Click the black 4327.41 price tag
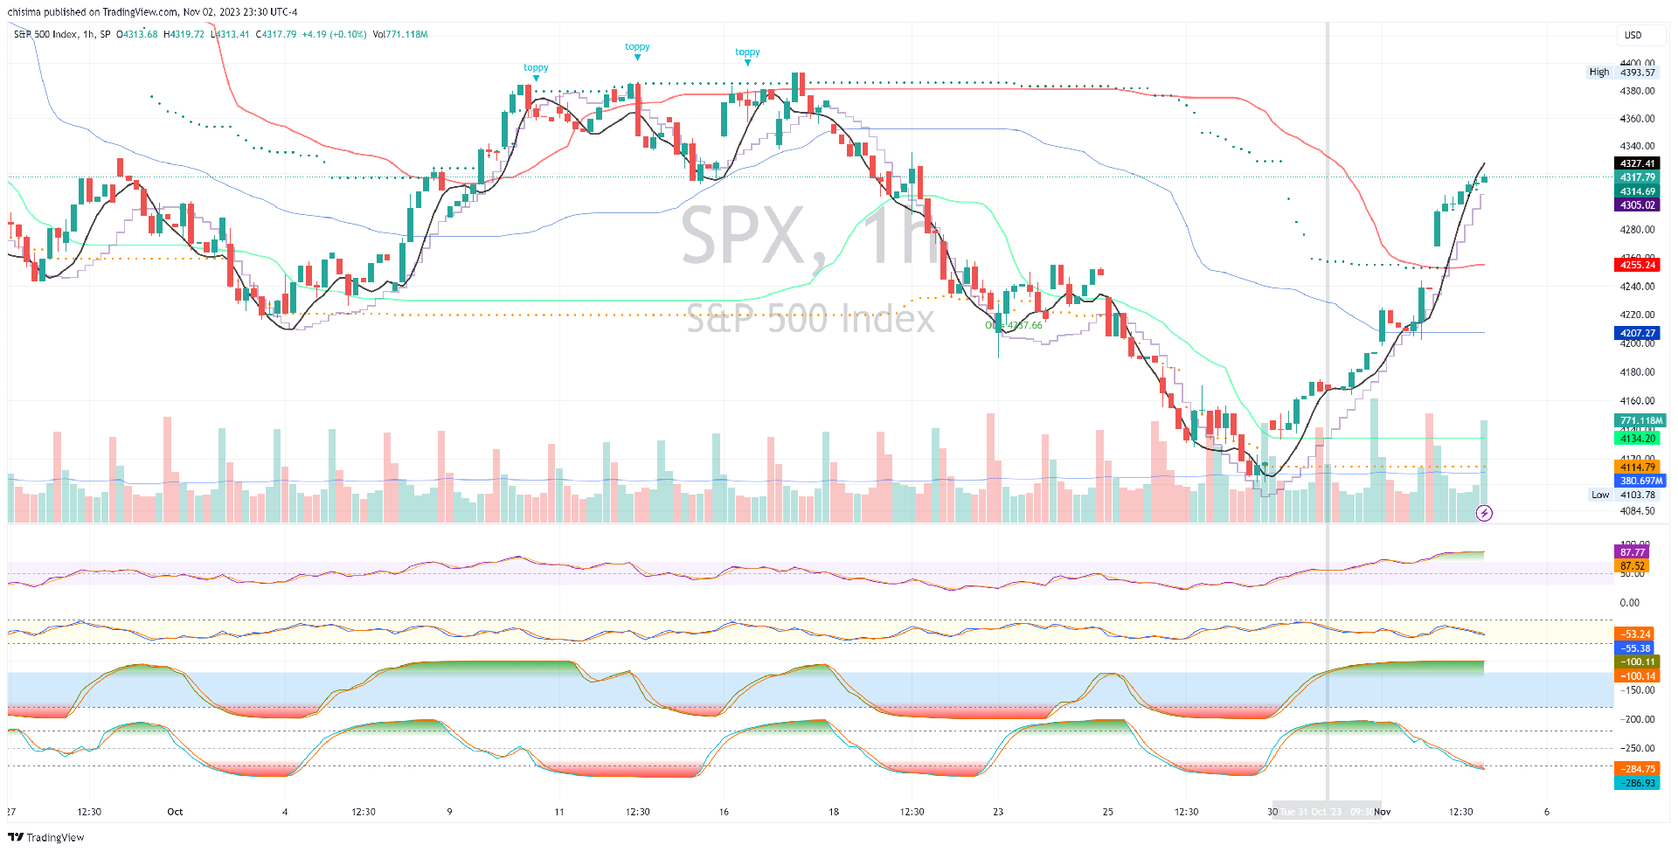(1636, 163)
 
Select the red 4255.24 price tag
(1636, 265)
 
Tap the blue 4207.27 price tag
(1636, 333)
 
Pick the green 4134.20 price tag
(1636, 439)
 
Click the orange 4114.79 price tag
(1636, 468)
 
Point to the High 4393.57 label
(1622, 73)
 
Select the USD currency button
(1633, 35)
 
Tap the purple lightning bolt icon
(1484, 513)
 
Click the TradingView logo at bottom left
(46, 837)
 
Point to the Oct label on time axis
(175, 812)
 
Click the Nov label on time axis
(1382, 812)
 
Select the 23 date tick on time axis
(998, 812)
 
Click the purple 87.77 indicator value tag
(1632, 552)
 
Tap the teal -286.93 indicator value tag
(1636, 783)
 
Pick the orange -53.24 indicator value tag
(1636, 634)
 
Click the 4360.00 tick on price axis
(1637, 119)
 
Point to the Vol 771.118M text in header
(400, 35)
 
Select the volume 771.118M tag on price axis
(1640, 420)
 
